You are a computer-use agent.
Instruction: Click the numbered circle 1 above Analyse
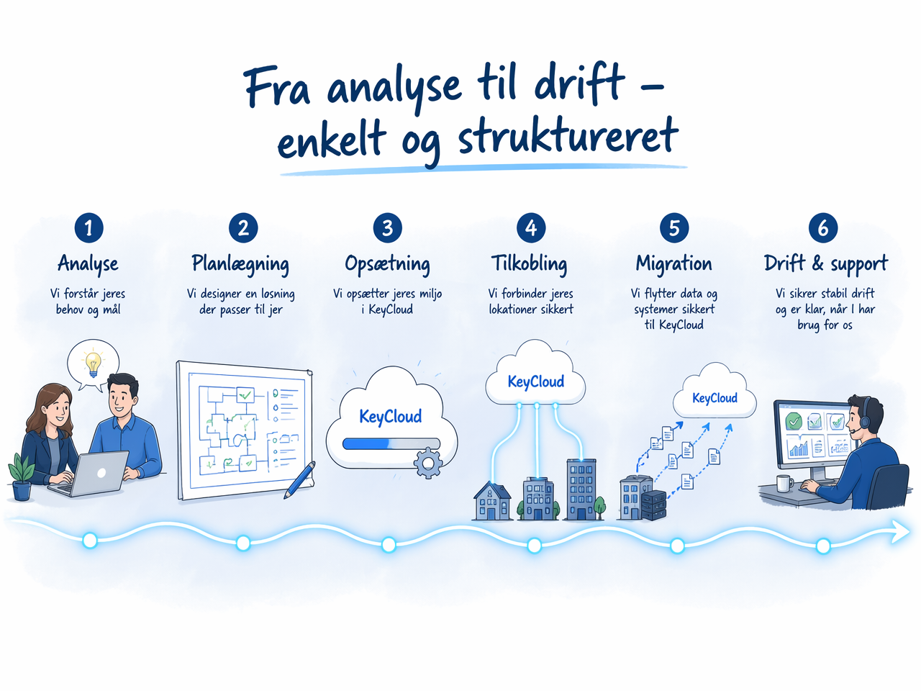click(89, 228)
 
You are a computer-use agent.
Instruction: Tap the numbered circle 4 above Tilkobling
click(531, 228)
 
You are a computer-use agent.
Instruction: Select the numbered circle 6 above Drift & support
click(823, 228)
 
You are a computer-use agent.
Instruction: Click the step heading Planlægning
click(240, 264)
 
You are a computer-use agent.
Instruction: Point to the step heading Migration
click(674, 264)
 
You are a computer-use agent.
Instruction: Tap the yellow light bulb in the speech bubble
click(93, 363)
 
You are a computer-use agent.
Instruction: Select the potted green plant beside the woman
click(21, 477)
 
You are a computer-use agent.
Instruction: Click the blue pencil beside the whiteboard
click(299, 480)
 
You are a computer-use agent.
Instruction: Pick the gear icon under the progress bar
click(428, 463)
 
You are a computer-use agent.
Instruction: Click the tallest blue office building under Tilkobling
click(581, 489)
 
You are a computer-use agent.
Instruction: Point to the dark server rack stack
click(654, 505)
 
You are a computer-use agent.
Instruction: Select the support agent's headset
click(863, 415)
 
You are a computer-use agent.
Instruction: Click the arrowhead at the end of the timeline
click(901, 532)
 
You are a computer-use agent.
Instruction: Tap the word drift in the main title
click(579, 84)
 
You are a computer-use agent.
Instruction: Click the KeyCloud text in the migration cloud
click(714, 398)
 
